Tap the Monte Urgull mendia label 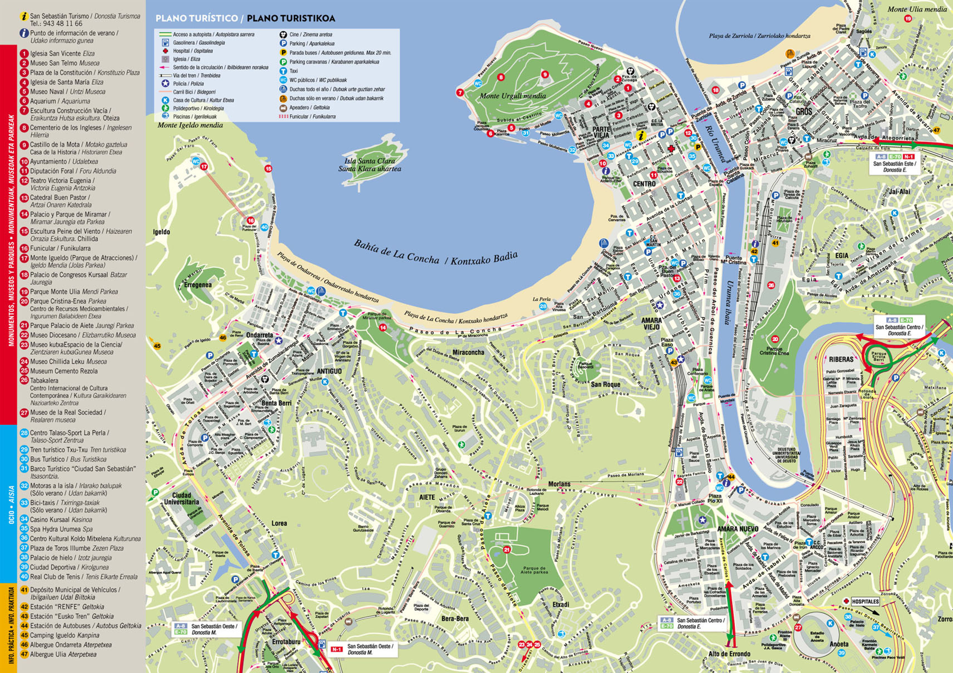click(513, 96)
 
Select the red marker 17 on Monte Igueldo click(204, 167)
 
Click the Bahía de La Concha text click(396, 252)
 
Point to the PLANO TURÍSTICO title click(197, 18)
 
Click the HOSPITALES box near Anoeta click(865, 602)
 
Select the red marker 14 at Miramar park click(383, 328)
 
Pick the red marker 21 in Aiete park click(506, 550)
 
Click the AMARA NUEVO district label click(738, 529)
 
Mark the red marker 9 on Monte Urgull click(544, 74)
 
